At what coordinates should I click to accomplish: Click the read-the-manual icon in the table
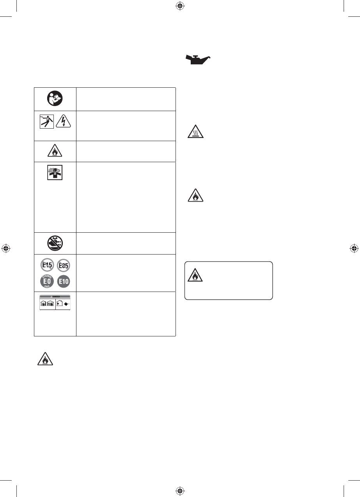(55, 99)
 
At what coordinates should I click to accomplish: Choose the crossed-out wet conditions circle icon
(55, 242)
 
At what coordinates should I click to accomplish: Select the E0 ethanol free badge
(47, 281)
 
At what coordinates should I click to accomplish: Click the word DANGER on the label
(55, 296)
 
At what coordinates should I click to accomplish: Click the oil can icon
(197, 60)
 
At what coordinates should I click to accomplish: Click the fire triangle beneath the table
(45, 359)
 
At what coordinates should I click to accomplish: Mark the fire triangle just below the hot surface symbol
(195, 195)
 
